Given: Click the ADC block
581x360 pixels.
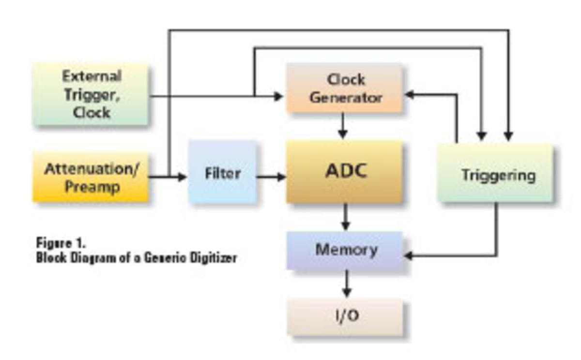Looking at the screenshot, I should pos(344,172).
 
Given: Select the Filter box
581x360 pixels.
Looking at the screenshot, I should pos(222,173).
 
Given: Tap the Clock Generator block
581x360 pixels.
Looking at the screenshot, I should pos(345,88).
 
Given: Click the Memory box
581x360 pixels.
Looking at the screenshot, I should pos(345,250).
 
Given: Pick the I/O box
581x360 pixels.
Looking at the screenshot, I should pos(345,316).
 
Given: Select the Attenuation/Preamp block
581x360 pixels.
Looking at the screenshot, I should pos(91,178).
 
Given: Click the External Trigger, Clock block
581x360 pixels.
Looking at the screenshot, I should pos(91,94).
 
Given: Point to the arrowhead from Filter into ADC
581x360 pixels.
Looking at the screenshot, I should pos(281,177).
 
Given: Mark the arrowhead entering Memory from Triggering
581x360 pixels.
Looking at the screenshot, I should pos(408,255).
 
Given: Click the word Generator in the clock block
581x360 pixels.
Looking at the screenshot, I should pos(346,97).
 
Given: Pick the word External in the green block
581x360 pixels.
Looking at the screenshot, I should pos(92,76).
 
